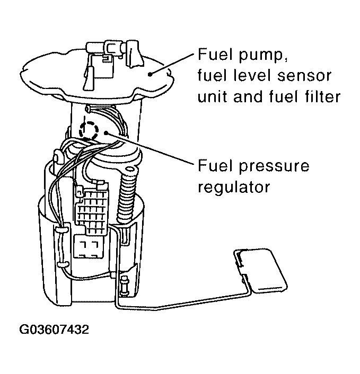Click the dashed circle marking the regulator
click(x=88, y=129)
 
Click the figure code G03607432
click(x=54, y=330)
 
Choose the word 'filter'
click(x=320, y=97)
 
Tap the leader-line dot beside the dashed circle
click(x=108, y=135)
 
